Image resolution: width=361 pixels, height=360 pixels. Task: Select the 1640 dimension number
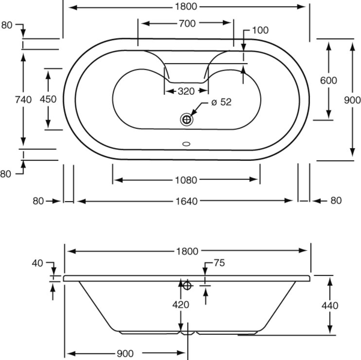(187, 201)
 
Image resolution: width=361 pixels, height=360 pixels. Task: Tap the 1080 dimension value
(186, 180)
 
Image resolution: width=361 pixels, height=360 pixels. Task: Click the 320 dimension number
(186, 92)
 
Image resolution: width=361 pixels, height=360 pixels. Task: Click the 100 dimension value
(259, 30)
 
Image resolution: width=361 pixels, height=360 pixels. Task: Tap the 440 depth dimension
(330, 305)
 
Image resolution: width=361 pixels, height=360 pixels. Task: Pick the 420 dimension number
(180, 304)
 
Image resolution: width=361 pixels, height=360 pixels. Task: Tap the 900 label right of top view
(352, 101)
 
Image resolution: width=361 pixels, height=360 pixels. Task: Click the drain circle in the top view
(187, 119)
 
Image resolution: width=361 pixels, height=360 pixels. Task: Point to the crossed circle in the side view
(187, 286)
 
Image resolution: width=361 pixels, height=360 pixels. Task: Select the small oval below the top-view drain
(186, 144)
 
